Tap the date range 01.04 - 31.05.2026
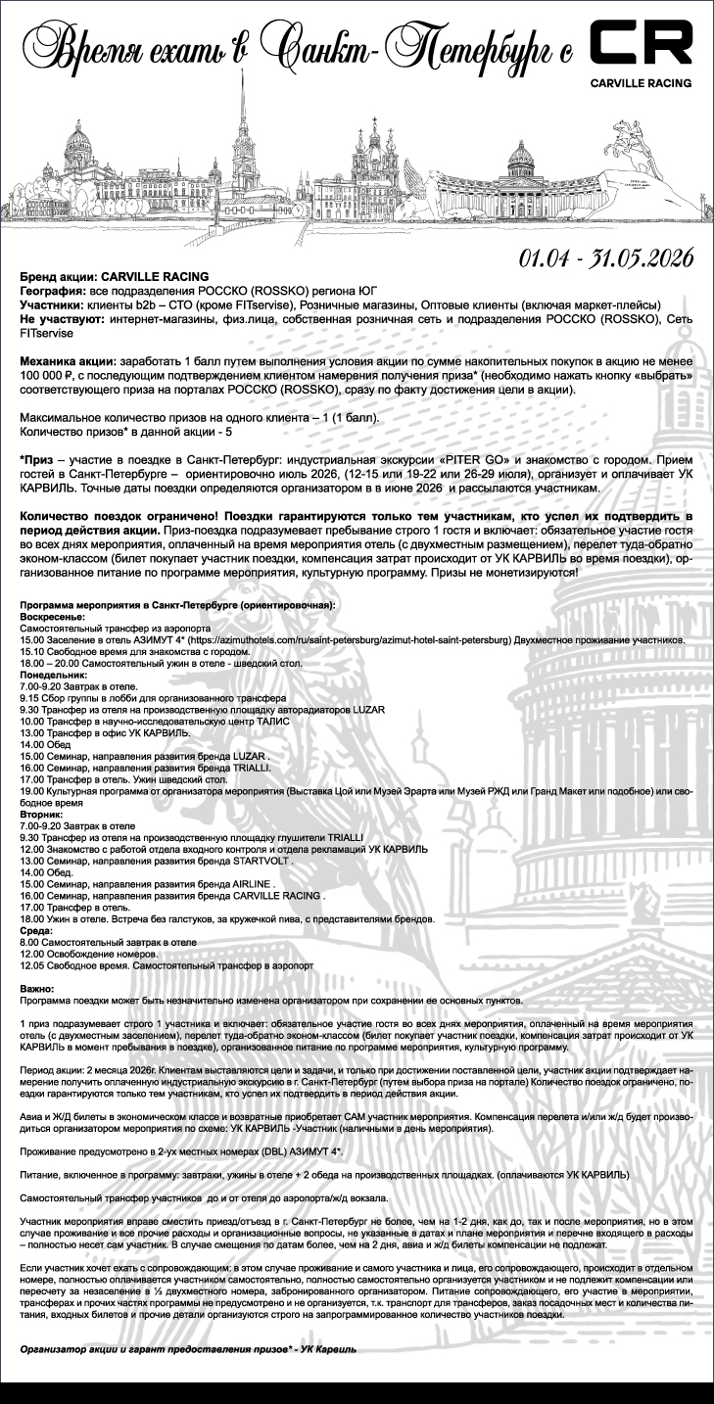pyautogui.click(x=606, y=258)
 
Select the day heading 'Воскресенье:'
pyautogui.click(x=51, y=618)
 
